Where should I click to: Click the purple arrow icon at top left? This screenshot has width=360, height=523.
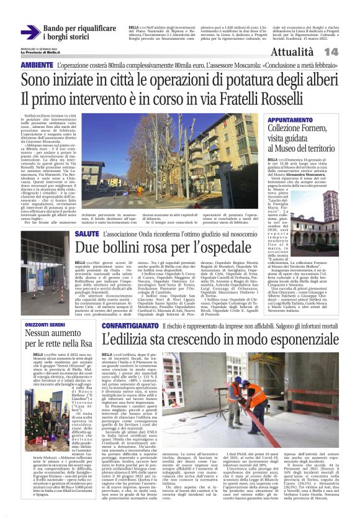[30, 32]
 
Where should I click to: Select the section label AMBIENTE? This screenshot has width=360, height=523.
[37, 65]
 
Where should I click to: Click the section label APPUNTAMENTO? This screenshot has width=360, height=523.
[295, 119]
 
